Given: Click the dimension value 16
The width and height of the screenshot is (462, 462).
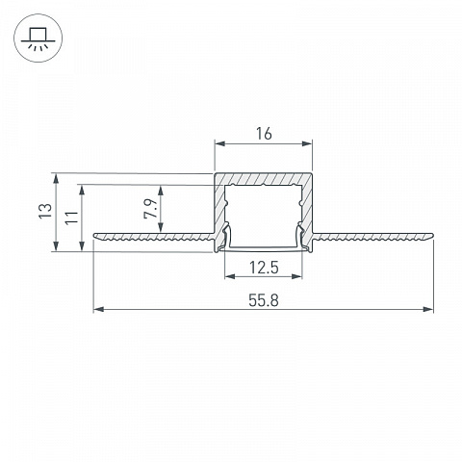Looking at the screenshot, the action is [264, 134].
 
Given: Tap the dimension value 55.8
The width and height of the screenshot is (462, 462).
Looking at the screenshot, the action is [264, 300].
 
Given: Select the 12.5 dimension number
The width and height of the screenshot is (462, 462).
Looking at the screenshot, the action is [264, 268].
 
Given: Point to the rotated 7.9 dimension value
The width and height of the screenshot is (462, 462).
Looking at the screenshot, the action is [150, 209].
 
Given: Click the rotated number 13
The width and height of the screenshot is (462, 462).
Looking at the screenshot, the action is [45, 211].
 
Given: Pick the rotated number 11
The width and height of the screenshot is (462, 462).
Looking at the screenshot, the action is [72, 218].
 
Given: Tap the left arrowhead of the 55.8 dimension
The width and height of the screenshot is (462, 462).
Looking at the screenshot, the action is [98, 309].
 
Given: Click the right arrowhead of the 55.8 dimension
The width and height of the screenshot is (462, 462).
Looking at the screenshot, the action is [428, 309].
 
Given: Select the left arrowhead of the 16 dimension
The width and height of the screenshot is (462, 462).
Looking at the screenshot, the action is [219, 143].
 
